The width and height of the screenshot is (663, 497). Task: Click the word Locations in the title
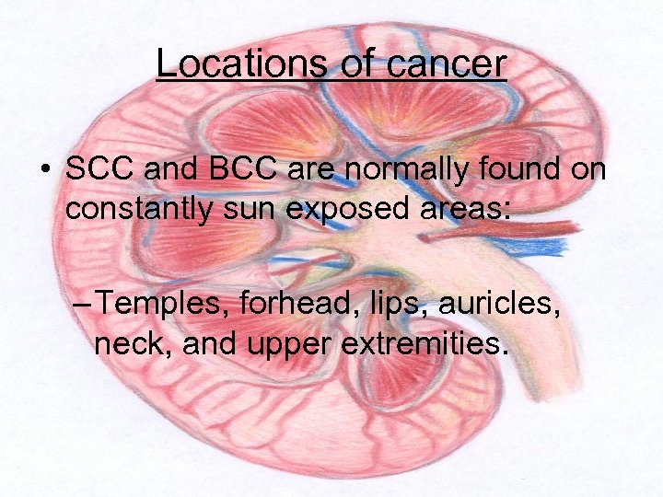[x=239, y=64]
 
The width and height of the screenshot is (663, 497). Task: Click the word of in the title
[x=348, y=64]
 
